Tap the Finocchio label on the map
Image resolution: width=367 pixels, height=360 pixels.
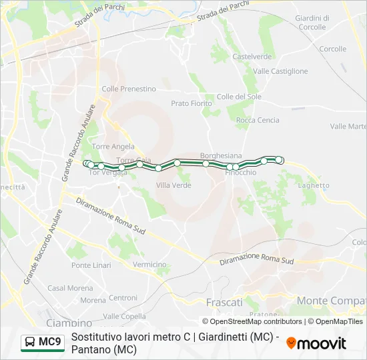[x=240, y=172]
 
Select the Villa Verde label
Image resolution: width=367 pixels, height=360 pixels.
[x=173, y=185]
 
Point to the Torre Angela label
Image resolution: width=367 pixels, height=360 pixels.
[x=113, y=147]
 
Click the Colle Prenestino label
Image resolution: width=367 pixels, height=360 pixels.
[x=129, y=89]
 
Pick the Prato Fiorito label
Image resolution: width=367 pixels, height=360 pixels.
[x=192, y=103]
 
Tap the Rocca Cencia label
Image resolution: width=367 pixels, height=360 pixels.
[x=258, y=120]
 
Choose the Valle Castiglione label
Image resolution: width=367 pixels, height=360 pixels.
[x=280, y=71]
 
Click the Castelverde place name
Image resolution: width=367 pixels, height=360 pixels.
[x=252, y=57]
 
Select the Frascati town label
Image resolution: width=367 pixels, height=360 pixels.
[x=224, y=302]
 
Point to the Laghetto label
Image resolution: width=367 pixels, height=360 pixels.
[x=314, y=185]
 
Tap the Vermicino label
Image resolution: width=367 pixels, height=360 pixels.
[x=149, y=265]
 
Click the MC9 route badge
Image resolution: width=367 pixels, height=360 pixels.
[x=43, y=343]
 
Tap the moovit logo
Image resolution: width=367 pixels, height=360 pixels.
[x=316, y=343]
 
